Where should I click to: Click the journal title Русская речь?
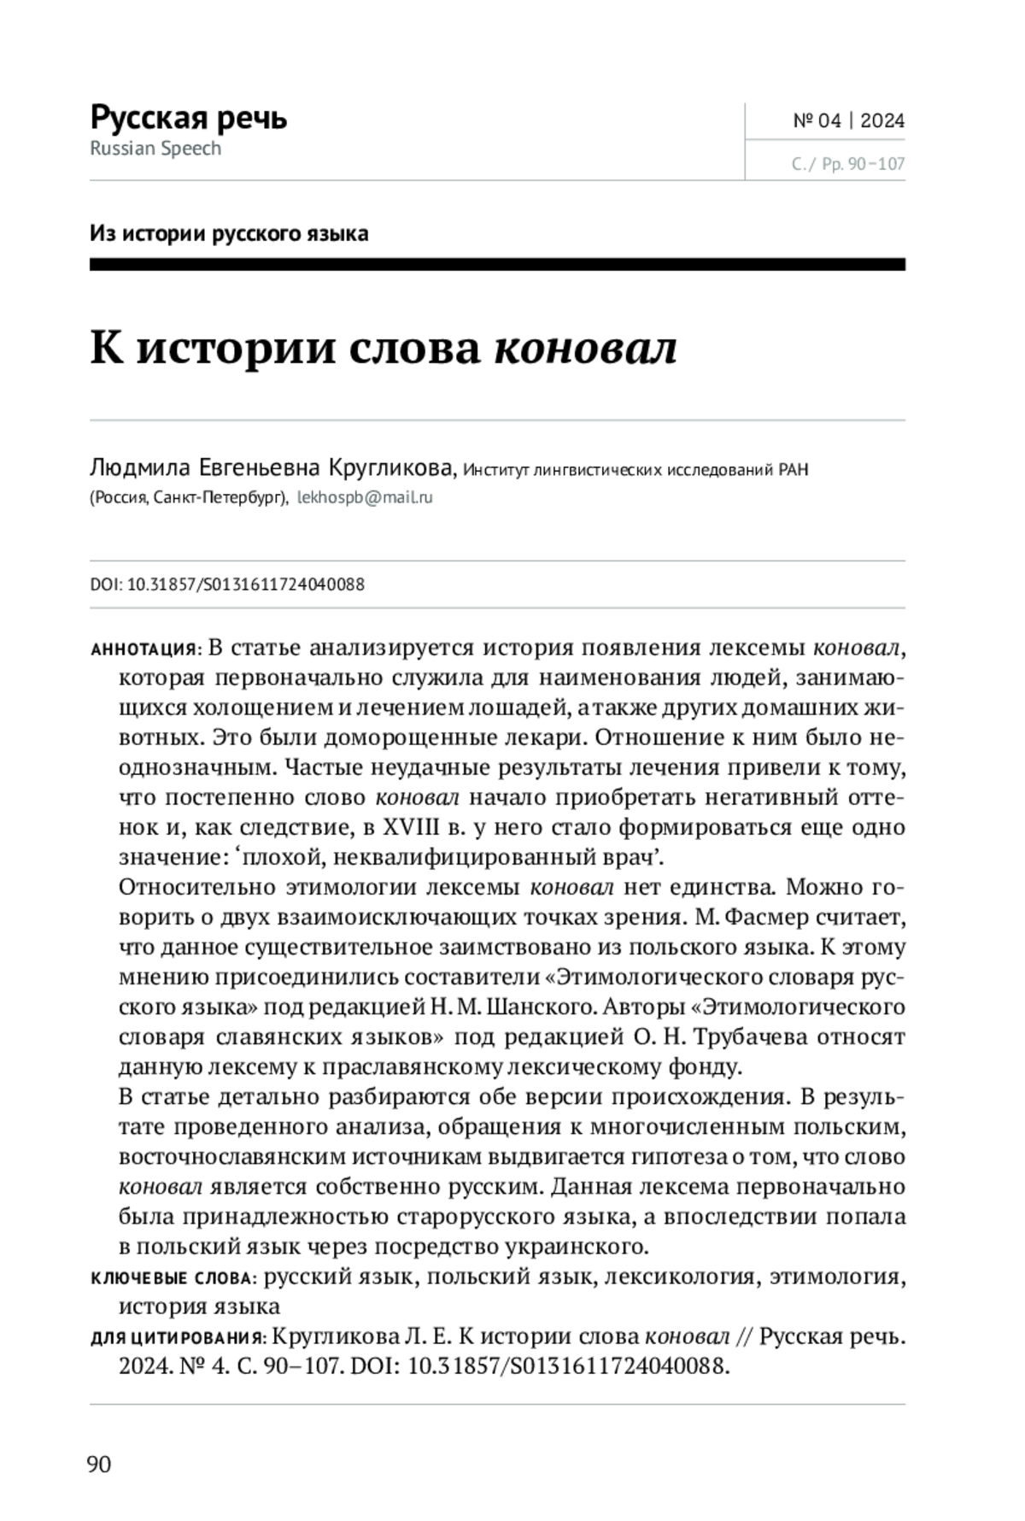[188, 117]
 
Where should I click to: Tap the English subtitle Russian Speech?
[155, 149]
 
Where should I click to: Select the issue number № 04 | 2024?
[848, 120]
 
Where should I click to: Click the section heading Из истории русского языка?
[229, 233]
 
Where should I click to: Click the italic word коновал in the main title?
[585, 348]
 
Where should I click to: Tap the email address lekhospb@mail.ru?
[365, 497]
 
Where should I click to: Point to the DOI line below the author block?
[227, 584]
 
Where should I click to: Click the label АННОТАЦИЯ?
[143, 649]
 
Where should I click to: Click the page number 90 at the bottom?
[99, 1465]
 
